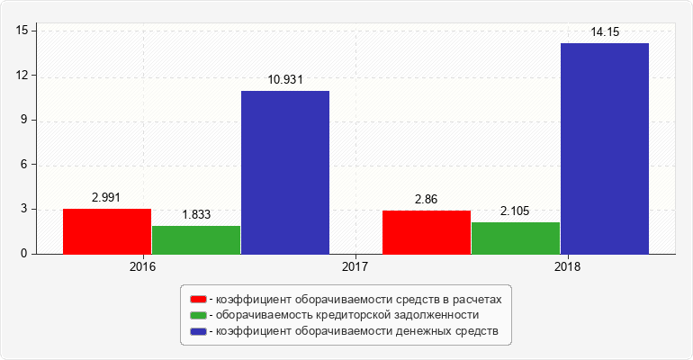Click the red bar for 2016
[107, 231]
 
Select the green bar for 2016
[196, 239]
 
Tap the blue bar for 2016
[285, 172]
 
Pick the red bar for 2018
[427, 232]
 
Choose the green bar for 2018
[516, 238]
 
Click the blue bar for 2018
[605, 148]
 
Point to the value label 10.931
[285, 80]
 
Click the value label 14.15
[605, 32]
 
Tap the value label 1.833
[196, 215]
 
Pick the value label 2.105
[516, 211]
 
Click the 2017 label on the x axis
[355, 267]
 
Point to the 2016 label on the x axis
[142, 267]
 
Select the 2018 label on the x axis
[568, 267]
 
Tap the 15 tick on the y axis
[22, 31]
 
